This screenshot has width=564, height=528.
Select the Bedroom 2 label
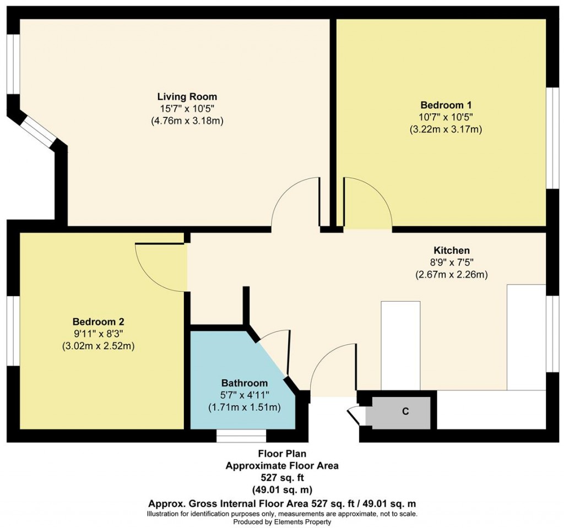coord(99,322)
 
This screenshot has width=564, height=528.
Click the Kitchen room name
coord(451,250)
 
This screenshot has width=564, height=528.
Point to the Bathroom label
coord(245,383)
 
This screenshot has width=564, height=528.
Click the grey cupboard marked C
coord(404,411)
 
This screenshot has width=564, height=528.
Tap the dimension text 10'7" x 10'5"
coord(446,117)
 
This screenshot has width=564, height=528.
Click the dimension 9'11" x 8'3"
coord(99,334)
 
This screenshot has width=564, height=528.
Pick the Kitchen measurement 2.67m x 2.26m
coord(451,274)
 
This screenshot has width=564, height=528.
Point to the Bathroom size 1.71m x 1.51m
coord(245,407)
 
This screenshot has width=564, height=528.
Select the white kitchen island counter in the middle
coord(400,345)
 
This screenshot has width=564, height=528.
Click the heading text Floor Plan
coord(282,454)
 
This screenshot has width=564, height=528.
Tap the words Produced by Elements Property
coord(282,521)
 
